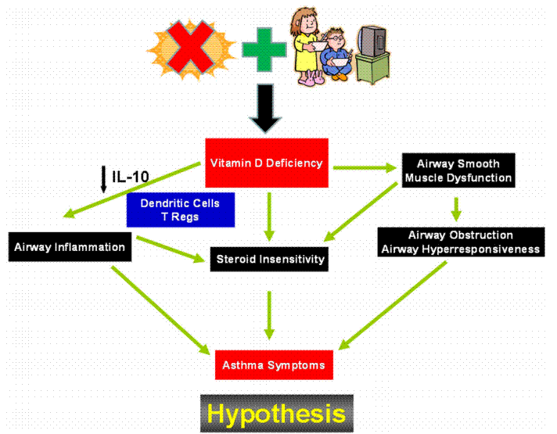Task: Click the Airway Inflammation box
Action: (69, 247)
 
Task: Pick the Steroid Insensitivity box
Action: (268, 259)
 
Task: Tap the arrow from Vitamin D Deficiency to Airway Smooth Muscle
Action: (364, 167)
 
